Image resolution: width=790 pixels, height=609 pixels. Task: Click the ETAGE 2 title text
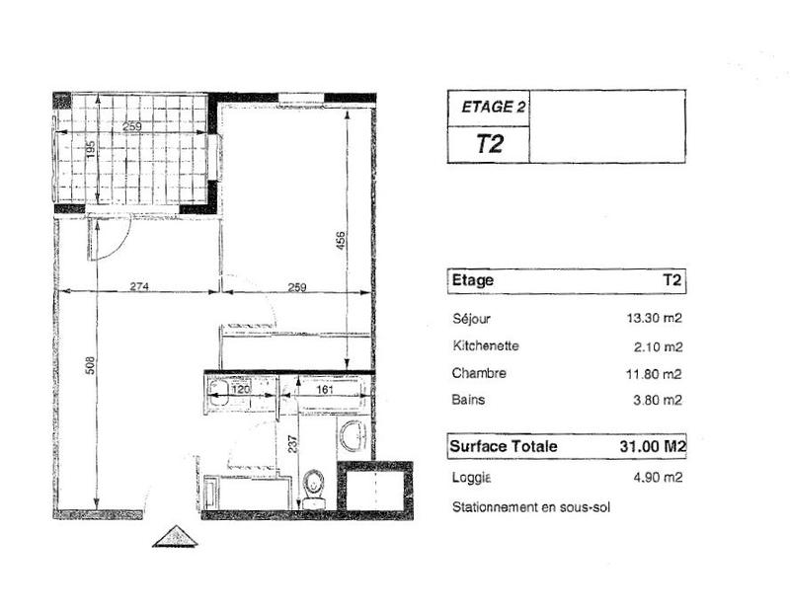(488, 108)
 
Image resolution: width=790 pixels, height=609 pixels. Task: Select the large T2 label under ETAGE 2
(490, 143)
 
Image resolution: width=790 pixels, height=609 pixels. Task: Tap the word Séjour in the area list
(471, 319)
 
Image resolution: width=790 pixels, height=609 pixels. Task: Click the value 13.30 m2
(657, 319)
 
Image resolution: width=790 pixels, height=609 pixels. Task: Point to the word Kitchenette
(485, 346)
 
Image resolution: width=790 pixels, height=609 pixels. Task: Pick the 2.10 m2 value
(660, 346)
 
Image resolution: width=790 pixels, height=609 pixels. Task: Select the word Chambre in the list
(479, 373)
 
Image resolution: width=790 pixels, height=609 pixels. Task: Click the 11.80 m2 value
(657, 373)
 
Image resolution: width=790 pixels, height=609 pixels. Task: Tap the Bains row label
(468, 400)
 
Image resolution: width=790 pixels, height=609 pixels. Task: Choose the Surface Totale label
(504, 446)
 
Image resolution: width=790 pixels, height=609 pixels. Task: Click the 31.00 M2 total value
(646, 446)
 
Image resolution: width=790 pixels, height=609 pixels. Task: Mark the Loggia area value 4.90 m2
(660, 478)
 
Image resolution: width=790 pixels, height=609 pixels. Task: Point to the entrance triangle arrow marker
(175, 536)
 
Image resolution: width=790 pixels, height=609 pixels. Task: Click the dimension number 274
(139, 287)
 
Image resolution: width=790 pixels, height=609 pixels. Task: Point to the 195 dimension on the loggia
(91, 150)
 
